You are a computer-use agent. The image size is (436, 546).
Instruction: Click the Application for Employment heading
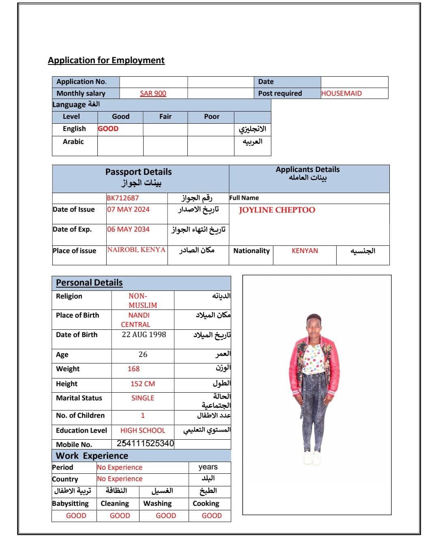click(x=106, y=60)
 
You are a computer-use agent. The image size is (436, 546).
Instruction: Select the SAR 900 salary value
click(x=153, y=93)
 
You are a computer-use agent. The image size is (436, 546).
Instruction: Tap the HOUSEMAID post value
click(x=341, y=93)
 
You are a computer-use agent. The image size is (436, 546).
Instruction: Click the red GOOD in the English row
click(x=108, y=129)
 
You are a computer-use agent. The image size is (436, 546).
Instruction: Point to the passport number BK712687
click(x=122, y=198)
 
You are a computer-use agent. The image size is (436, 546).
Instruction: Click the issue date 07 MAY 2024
click(x=128, y=209)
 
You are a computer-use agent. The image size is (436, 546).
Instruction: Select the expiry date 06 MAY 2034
click(x=128, y=229)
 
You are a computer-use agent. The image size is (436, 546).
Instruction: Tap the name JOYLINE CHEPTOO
click(x=277, y=210)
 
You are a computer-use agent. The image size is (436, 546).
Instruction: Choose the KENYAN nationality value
click(x=305, y=251)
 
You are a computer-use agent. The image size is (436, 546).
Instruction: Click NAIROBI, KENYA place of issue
click(x=136, y=249)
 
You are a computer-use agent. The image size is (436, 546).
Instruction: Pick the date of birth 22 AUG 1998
click(x=144, y=335)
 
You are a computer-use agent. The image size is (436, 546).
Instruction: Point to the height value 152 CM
click(x=143, y=384)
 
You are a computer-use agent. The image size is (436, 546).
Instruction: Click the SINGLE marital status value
click(x=143, y=398)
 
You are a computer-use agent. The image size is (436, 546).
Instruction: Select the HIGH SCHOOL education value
click(x=143, y=430)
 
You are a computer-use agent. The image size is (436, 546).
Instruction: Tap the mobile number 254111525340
click(x=145, y=443)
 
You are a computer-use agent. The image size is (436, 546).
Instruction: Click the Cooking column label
click(x=206, y=503)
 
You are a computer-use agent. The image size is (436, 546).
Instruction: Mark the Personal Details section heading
click(x=89, y=283)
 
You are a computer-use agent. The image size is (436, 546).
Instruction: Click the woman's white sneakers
click(x=312, y=458)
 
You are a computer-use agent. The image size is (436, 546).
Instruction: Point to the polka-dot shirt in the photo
click(x=314, y=358)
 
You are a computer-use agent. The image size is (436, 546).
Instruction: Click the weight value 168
click(x=133, y=369)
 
